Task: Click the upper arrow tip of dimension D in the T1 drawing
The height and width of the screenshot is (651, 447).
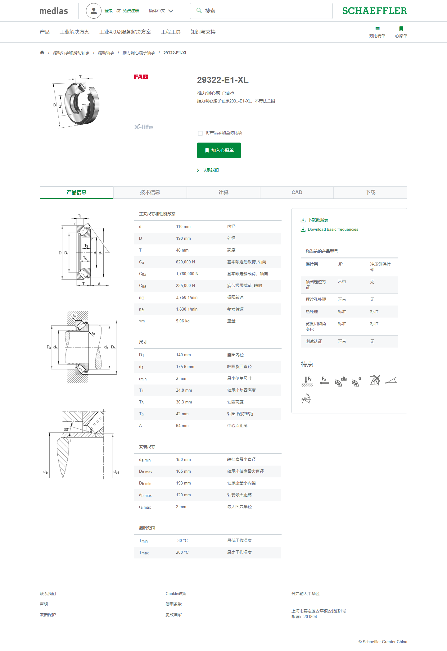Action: pyautogui.click(x=62, y=226)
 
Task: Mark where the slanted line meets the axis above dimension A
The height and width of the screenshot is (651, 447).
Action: pyautogui.click(x=109, y=252)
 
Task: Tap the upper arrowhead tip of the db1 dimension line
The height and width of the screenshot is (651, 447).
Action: pyautogui.click(x=113, y=434)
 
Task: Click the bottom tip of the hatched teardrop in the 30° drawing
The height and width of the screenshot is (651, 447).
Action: pyautogui.click(x=63, y=478)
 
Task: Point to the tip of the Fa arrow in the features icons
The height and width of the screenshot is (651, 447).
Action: pyautogui.click(x=320, y=383)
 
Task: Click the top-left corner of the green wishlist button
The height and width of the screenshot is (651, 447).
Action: pyautogui.click(x=197, y=143)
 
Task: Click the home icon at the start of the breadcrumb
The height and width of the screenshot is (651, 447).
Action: pyautogui.click(x=42, y=52)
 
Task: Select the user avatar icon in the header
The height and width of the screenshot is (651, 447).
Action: pyautogui.click(x=94, y=11)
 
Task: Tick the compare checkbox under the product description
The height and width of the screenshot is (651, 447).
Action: pyautogui.click(x=200, y=133)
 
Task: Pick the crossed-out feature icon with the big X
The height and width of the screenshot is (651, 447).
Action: pyautogui.click(x=375, y=380)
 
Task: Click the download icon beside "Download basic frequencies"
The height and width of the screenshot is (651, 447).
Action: pyautogui.click(x=303, y=230)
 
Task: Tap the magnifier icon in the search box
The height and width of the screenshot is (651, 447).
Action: pyautogui.click(x=199, y=11)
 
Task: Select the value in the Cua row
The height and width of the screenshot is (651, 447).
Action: pyautogui.click(x=185, y=285)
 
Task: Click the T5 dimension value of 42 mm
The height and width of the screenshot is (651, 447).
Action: pyautogui.click(x=182, y=414)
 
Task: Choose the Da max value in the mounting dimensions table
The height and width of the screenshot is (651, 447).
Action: pyautogui.click(x=183, y=471)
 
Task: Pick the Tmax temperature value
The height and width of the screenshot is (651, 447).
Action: pyautogui.click(x=182, y=552)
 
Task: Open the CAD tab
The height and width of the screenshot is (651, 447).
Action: pyautogui.click(x=297, y=192)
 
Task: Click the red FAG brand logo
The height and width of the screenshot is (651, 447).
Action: pyautogui.click(x=141, y=77)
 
